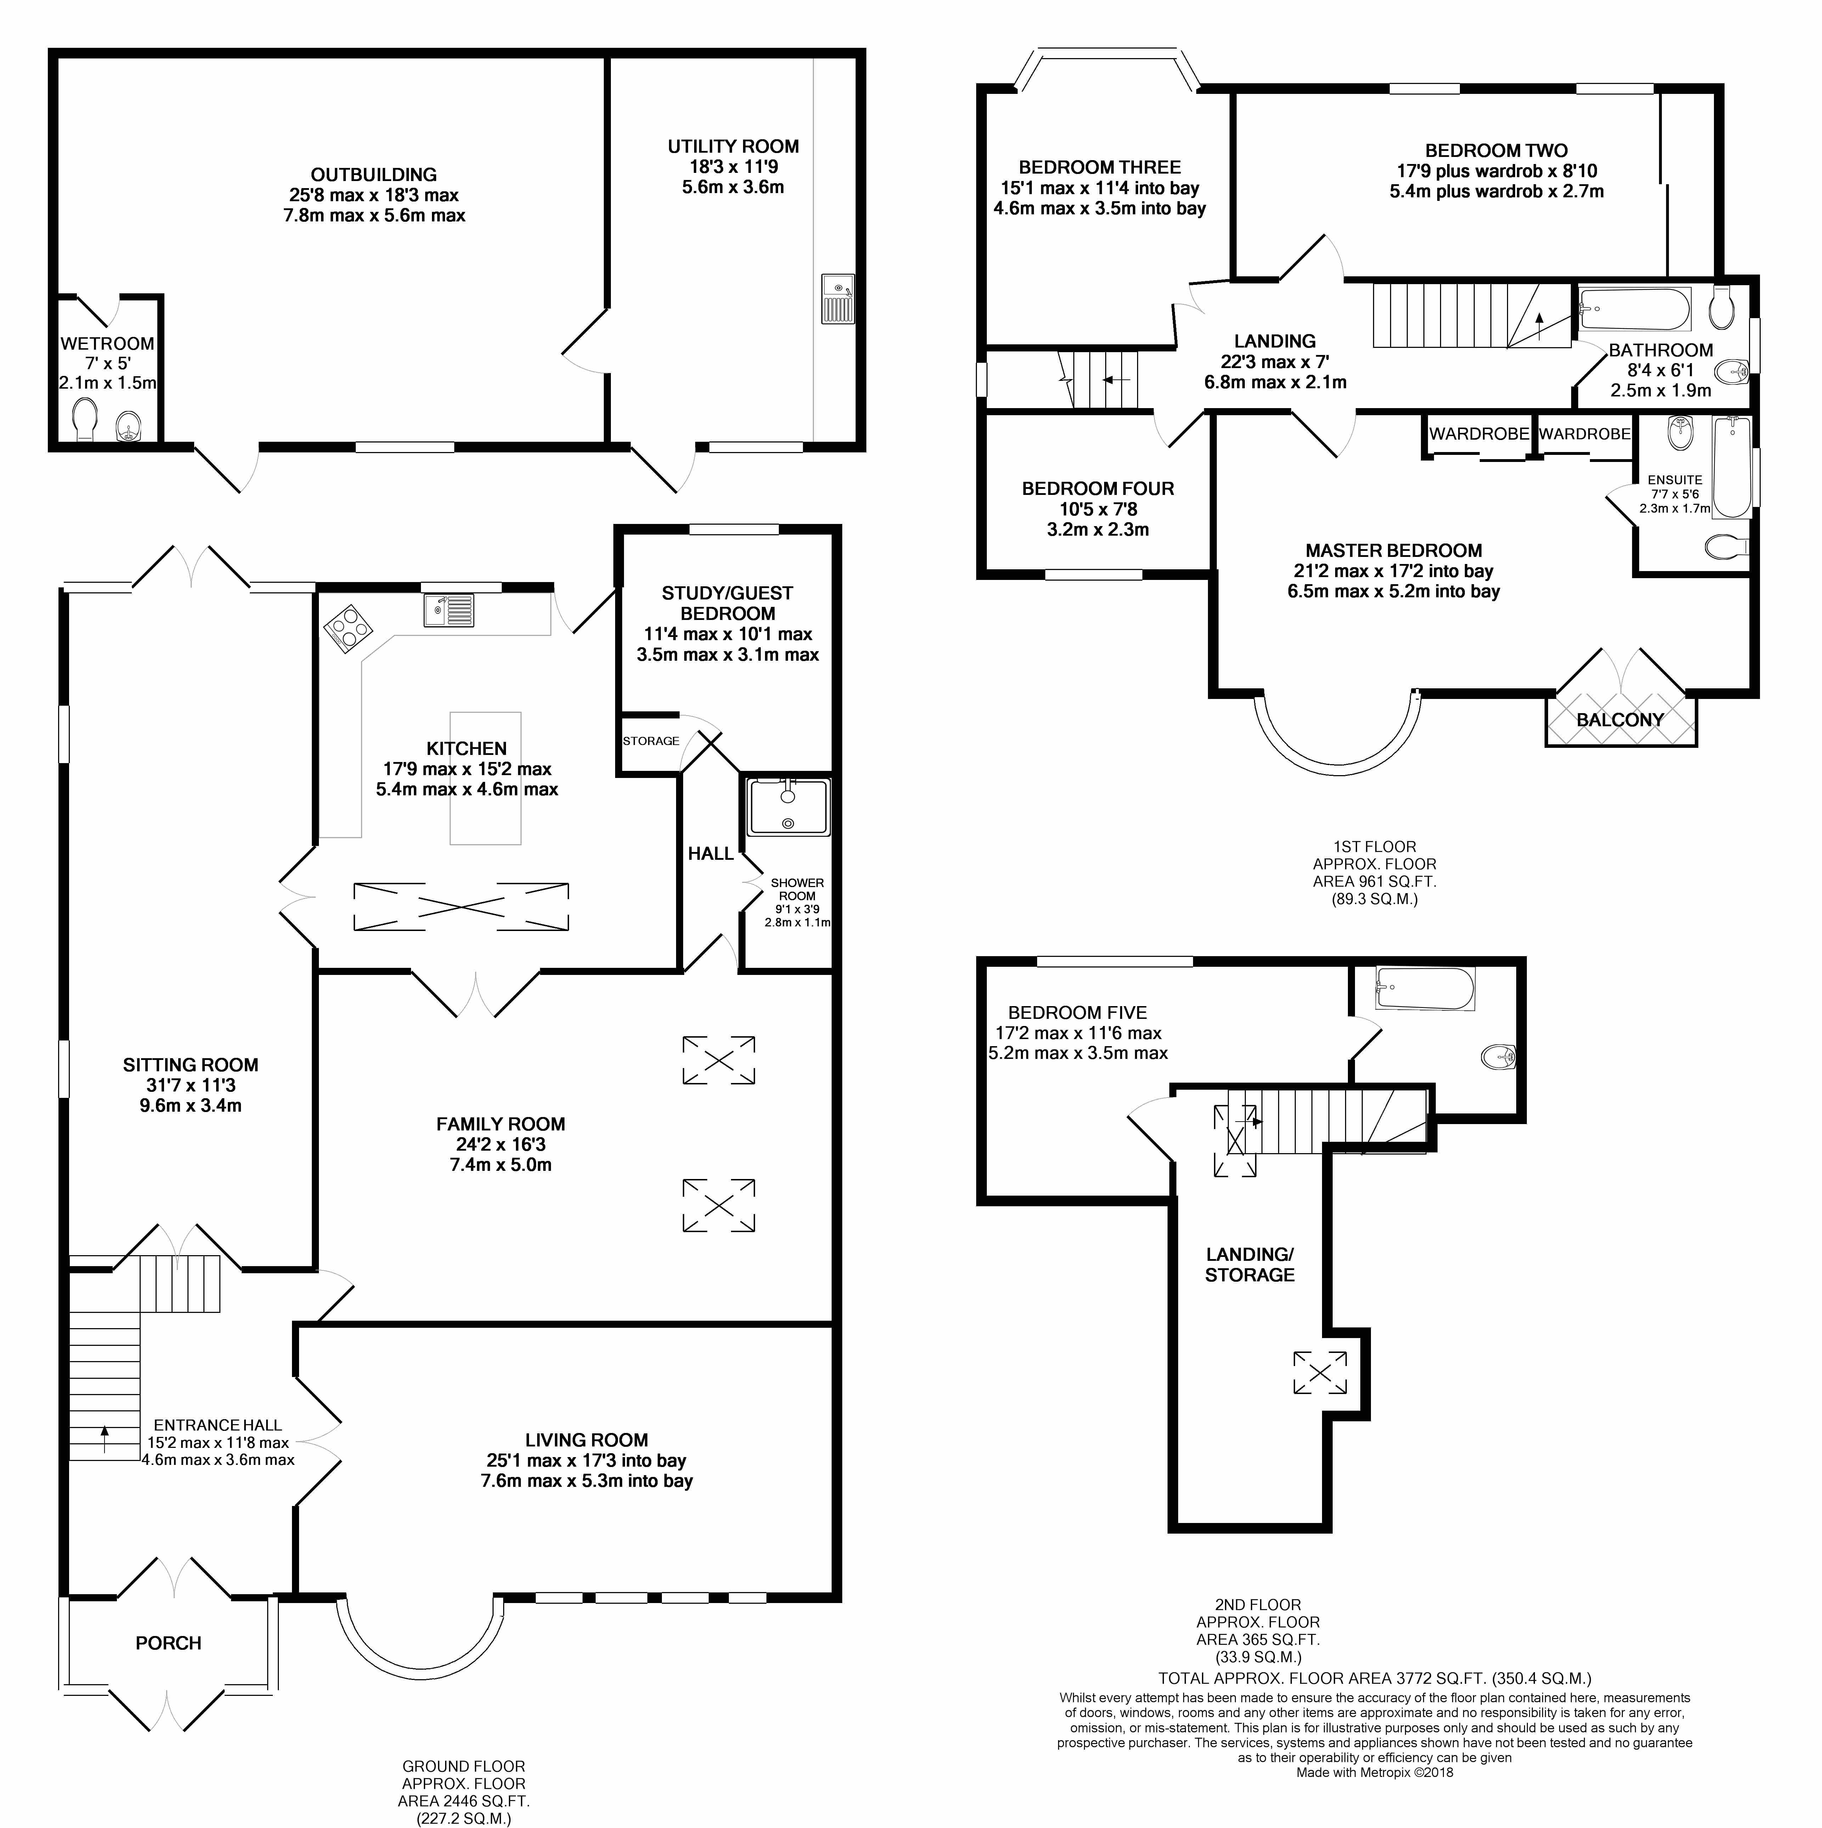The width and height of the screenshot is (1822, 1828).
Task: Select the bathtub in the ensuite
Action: coord(1731,467)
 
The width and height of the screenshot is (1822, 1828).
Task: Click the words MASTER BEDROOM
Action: coord(1393,551)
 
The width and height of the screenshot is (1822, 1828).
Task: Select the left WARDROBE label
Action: coord(1478,433)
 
